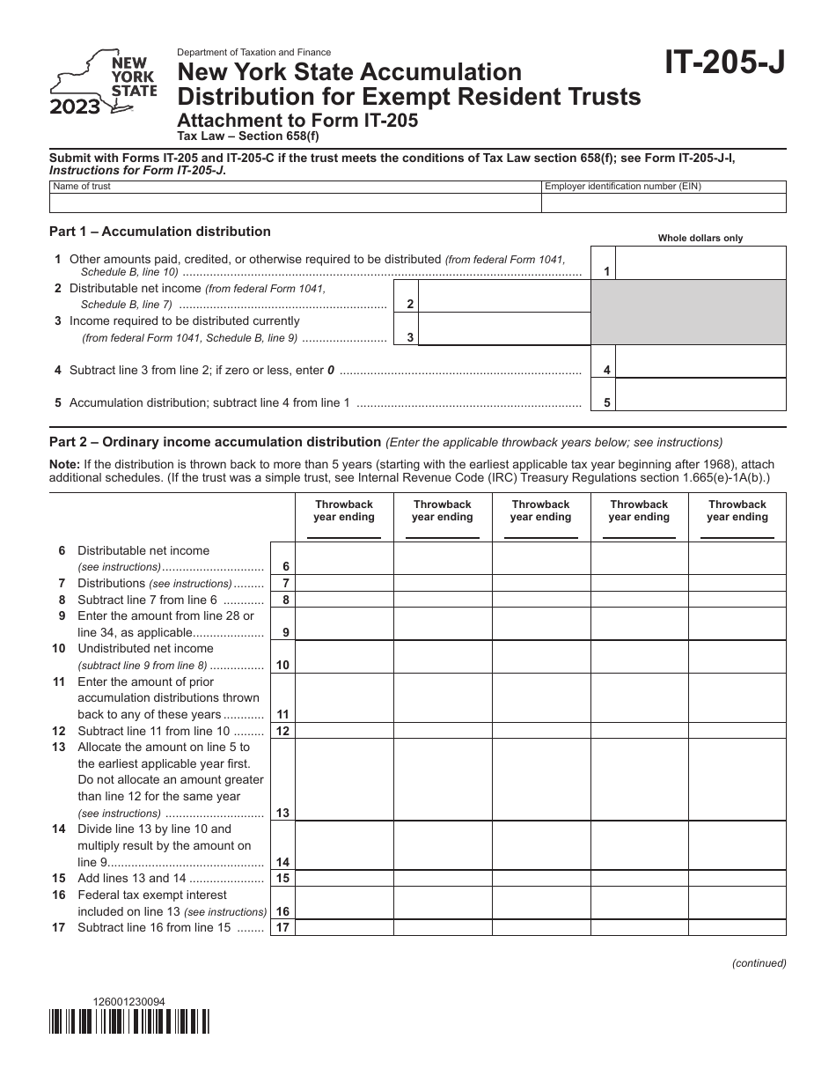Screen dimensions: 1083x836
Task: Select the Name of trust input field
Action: pos(295,203)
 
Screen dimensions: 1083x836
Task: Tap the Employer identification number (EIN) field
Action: pos(663,203)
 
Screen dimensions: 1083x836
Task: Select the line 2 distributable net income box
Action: pos(503,296)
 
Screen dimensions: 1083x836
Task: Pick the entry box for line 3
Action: pos(503,328)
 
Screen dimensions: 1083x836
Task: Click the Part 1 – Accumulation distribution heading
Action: pos(161,232)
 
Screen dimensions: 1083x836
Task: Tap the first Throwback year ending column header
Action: pos(344,511)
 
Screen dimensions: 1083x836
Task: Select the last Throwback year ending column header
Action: pos(737,511)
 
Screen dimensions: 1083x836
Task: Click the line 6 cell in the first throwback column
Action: pos(344,558)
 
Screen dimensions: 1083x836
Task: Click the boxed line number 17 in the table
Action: pos(282,928)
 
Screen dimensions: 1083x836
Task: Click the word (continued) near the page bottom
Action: pos(759,963)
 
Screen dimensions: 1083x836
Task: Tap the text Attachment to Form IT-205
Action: pos(298,122)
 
